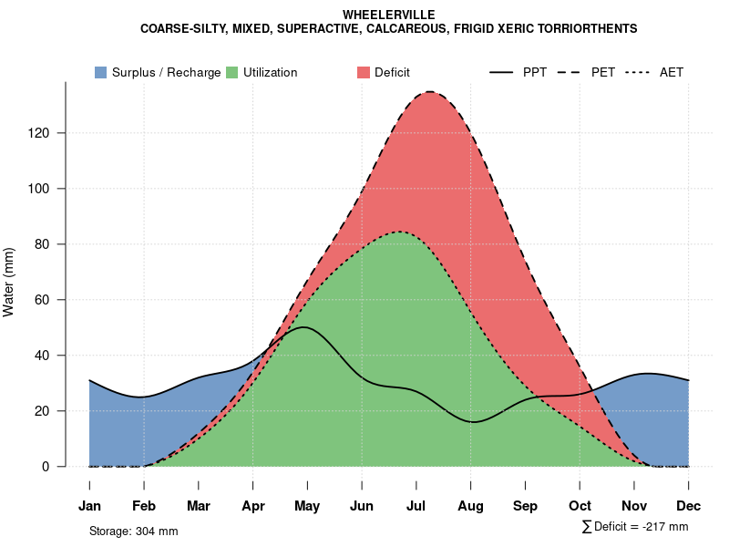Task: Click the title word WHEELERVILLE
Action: click(x=389, y=15)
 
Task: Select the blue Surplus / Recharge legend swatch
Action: click(x=100, y=72)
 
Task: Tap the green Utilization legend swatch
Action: click(x=231, y=72)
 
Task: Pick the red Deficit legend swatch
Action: click(x=363, y=72)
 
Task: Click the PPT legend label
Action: click(x=535, y=72)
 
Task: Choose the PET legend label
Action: click(x=603, y=72)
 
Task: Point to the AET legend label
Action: click(x=672, y=72)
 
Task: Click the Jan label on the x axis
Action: click(x=89, y=506)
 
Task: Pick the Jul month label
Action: click(x=416, y=506)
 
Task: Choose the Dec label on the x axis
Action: click(x=689, y=506)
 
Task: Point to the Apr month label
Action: click(x=252, y=506)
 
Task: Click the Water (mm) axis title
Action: click(x=9, y=283)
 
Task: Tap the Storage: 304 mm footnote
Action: click(x=133, y=532)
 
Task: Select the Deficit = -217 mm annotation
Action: click(x=635, y=527)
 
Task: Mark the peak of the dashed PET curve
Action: click(x=428, y=91)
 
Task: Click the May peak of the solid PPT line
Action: click(x=304, y=327)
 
